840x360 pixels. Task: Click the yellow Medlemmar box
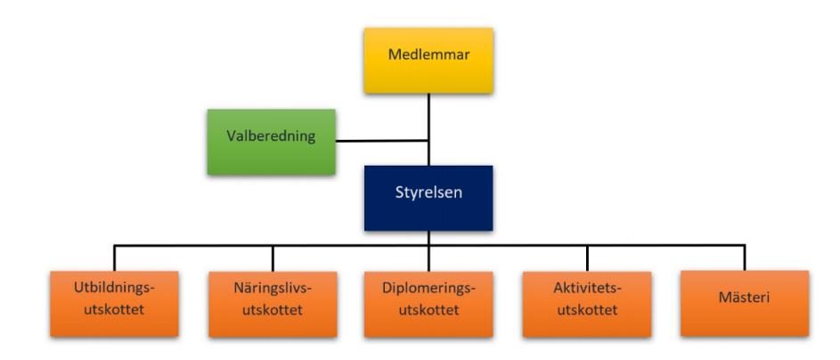428,61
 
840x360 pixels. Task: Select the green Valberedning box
272,142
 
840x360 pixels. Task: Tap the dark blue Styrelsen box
428,198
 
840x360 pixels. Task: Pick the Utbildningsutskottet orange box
114,304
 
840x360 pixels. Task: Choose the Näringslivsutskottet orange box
273,304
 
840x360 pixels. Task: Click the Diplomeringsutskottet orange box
428,304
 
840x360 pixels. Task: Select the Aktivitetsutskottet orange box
587,304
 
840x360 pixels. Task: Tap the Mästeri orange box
745,303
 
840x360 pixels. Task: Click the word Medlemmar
428,54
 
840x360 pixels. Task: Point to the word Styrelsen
428,192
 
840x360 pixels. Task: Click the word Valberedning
271,136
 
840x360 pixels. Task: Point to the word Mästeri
744,297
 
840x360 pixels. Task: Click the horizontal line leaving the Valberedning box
382,141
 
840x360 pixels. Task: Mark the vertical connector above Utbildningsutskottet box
114,258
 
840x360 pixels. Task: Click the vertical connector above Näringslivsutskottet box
273,258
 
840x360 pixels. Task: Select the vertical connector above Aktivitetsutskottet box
587,258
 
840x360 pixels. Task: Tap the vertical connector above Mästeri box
745,258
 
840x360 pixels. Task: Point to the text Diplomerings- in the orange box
429,288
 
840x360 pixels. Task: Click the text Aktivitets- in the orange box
587,288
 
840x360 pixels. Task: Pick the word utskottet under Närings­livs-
273,309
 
